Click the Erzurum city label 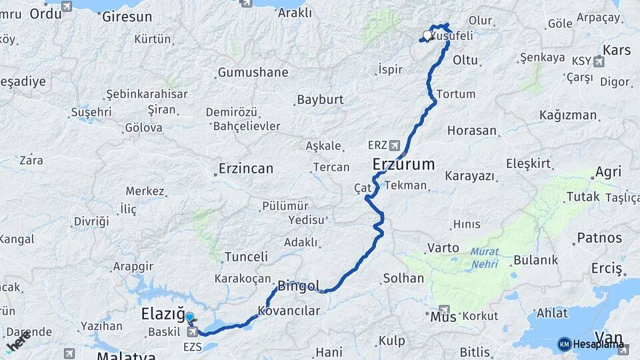(x=404, y=164)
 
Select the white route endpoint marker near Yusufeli (x=427, y=35)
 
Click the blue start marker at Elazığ (x=189, y=317)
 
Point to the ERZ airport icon (x=395, y=144)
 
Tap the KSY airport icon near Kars (x=599, y=62)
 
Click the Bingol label (x=299, y=285)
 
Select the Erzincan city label (x=246, y=169)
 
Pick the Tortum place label (x=456, y=94)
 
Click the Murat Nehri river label (x=484, y=257)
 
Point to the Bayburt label (x=320, y=100)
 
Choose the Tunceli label (x=246, y=257)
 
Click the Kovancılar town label (x=289, y=311)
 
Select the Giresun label (x=127, y=17)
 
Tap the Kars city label (x=616, y=50)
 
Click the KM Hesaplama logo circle (x=564, y=344)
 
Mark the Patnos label (x=599, y=237)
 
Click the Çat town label (x=363, y=189)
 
